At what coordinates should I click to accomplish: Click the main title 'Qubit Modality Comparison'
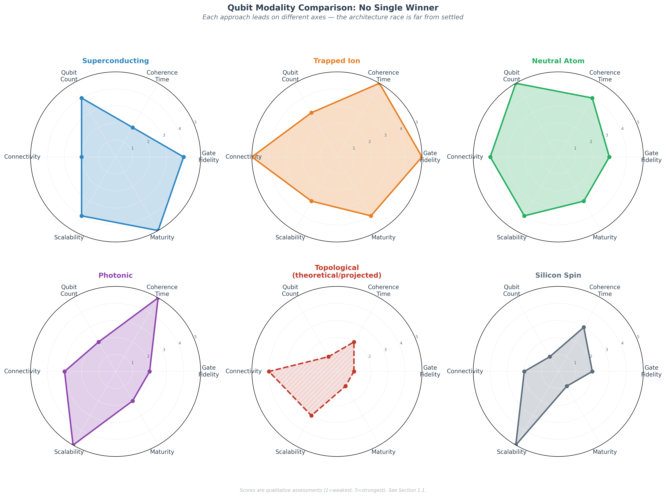pyautogui.click(x=333, y=8)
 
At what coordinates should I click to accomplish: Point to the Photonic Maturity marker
pyautogui.click(x=133, y=401)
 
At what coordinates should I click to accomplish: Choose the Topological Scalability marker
pyautogui.click(x=312, y=415)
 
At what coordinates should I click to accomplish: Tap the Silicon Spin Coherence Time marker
pyautogui.click(x=584, y=327)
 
